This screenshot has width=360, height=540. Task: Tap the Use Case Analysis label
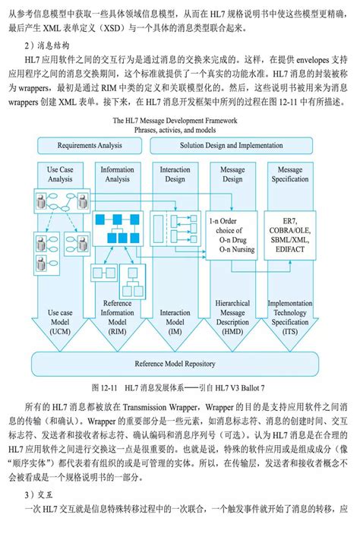tap(60, 175)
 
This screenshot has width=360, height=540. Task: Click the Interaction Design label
tap(175, 175)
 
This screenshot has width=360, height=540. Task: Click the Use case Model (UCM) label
tap(60, 322)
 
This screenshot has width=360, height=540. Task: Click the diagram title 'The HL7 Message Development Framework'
tap(174, 120)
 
